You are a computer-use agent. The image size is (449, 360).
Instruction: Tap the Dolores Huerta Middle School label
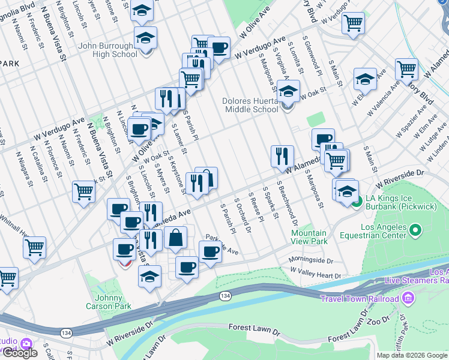coord(250,105)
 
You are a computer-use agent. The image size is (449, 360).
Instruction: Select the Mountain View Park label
coord(309,237)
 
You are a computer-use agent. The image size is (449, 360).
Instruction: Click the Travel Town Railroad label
coord(359,299)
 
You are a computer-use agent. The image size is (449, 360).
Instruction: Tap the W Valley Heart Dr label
coord(315,274)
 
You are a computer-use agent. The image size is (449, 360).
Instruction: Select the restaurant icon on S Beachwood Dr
coord(282,157)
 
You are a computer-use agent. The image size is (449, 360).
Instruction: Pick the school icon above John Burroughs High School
coord(142,10)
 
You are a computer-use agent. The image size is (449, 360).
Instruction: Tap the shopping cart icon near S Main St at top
coord(352,23)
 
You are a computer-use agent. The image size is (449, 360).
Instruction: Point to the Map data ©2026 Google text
coord(411,355)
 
